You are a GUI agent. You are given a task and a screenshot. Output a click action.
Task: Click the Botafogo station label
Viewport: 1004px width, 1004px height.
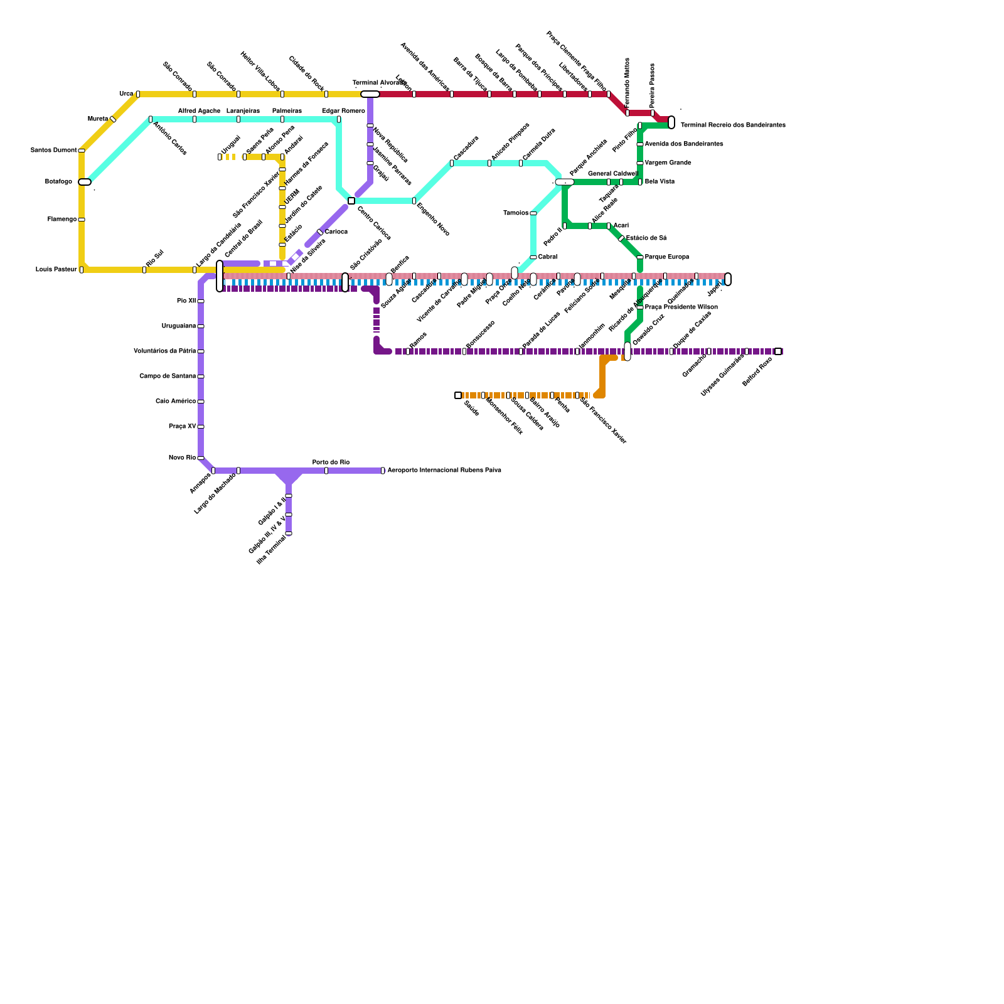click(58, 182)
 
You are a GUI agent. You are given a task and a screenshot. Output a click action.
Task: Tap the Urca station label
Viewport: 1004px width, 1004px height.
click(125, 94)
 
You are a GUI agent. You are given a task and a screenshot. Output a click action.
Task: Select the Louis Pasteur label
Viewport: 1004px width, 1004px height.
click(56, 270)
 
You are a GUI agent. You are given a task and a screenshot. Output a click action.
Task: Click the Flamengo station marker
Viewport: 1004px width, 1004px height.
click(82, 220)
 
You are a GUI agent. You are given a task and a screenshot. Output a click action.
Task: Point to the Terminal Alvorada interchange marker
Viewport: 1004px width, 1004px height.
click(370, 94)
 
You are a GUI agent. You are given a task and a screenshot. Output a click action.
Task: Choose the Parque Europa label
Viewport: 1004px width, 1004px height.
click(666, 257)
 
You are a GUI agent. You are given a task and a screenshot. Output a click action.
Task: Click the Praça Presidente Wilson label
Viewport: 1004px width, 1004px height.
click(681, 307)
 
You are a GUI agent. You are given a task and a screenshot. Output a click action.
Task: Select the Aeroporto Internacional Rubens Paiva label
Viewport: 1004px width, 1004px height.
click(444, 471)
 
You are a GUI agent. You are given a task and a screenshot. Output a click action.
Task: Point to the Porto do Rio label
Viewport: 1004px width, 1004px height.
click(331, 462)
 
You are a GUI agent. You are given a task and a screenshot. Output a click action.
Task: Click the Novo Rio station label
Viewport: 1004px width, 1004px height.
click(182, 458)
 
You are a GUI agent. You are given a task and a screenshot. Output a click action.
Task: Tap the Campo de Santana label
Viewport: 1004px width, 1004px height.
click(168, 376)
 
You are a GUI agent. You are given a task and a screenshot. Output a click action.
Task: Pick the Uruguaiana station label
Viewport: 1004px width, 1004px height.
click(179, 326)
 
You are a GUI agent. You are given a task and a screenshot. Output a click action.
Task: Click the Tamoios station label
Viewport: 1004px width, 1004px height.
click(516, 213)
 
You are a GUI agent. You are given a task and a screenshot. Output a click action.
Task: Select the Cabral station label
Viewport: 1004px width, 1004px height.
click(547, 257)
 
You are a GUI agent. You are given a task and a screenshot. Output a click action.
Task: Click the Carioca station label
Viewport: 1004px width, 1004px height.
click(336, 232)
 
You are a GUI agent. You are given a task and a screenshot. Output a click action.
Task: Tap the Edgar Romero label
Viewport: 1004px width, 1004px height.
click(343, 111)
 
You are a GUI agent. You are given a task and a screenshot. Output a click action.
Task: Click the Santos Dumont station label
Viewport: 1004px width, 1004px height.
click(53, 151)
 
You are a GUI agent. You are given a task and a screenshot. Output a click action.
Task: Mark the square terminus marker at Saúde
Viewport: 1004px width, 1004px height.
click(458, 395)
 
